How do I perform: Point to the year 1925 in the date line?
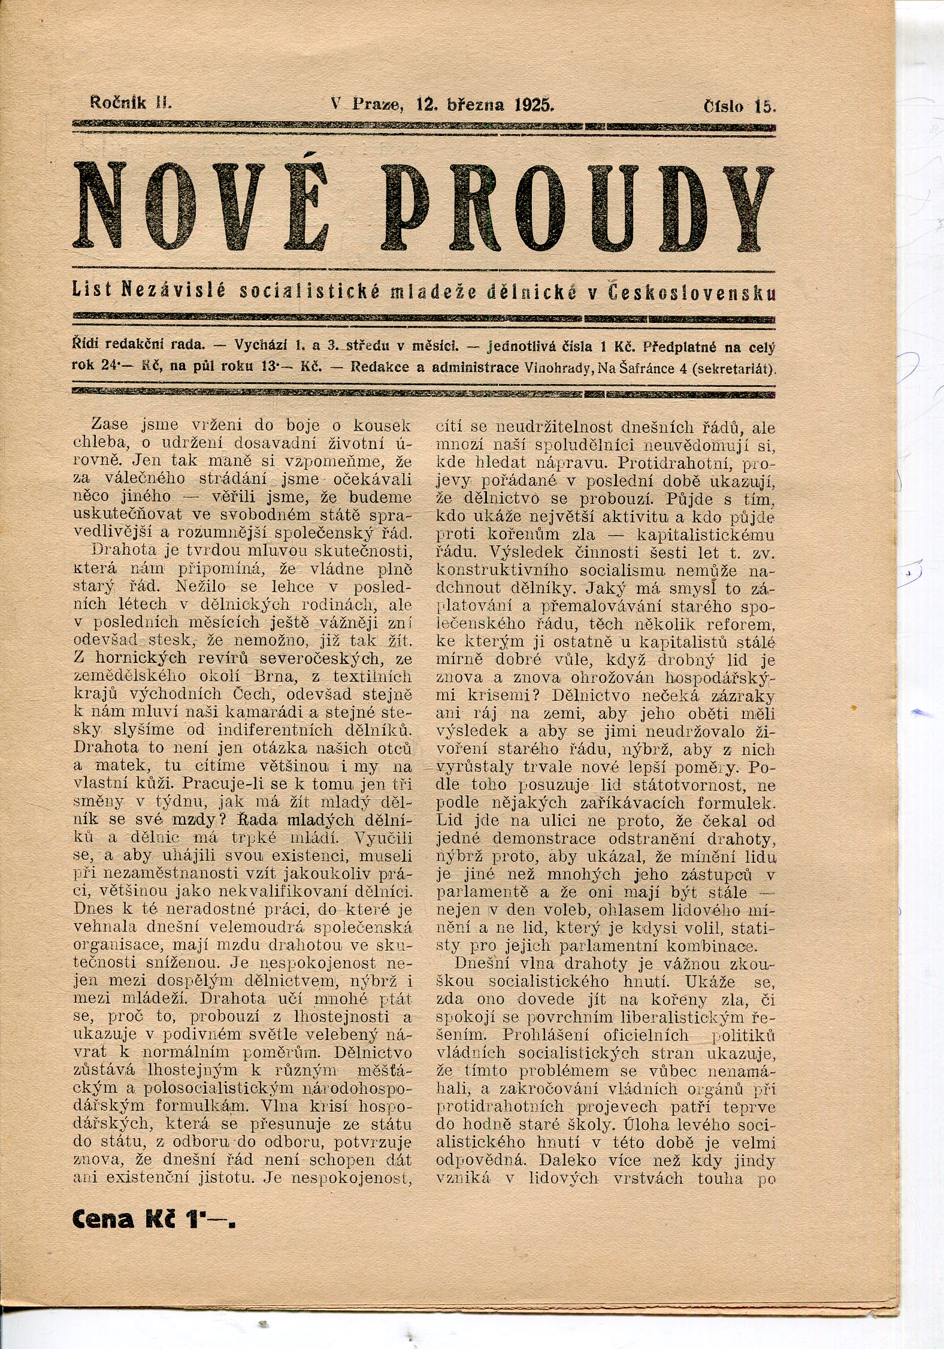click(x=533, y=105)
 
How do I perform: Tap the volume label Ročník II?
click(x=130, y=102)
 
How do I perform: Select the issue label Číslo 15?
click(x=740, y=107)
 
